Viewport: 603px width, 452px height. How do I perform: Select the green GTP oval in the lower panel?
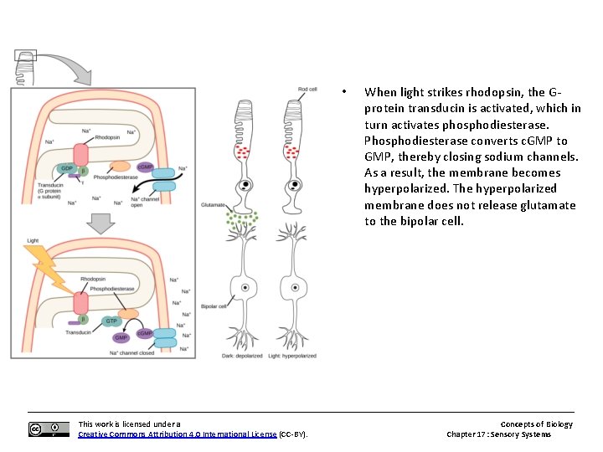tap(111, 321)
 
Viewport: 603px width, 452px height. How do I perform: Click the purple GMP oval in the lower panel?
tap(121, 338)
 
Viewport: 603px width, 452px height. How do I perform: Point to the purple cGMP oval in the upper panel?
tap(145, 167)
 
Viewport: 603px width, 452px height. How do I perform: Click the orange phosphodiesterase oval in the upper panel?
tap(116, 167)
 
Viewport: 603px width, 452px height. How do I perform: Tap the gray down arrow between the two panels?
tap(101, 223)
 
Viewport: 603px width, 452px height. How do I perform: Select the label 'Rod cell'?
tap(307, 90)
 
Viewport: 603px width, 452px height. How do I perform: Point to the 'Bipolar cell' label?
tap(214, 306)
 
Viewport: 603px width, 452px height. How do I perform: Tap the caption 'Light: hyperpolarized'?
tap(292, 356)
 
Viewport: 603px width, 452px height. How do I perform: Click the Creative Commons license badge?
tap(49, 429)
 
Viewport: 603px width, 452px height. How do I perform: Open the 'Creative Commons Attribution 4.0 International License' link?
tap(177, 434)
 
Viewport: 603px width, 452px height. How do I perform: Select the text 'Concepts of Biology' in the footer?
tap(536, 424)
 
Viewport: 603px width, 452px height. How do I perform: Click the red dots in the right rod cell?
tap(293, 152)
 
